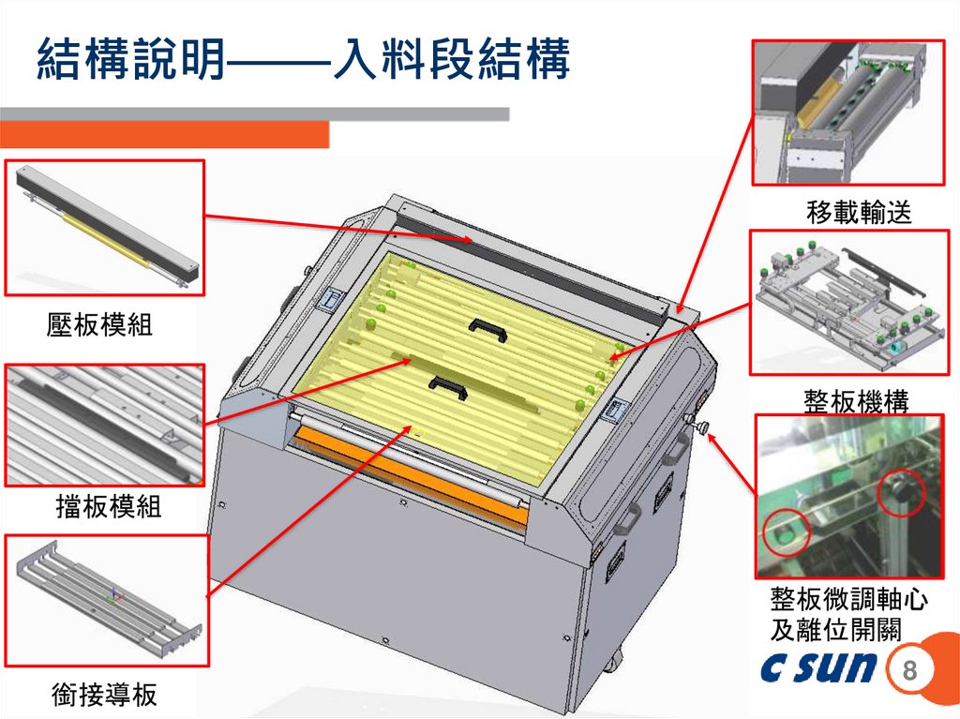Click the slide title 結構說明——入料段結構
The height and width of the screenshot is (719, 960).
click(x=304, y=58)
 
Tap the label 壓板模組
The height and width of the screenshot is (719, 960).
click(x=99, y=324)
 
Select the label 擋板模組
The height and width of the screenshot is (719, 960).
click(x=109, y=506)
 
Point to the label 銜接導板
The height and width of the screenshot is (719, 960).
click(x=104, y=695)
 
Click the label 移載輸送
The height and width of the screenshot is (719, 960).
click(x=859, y=212)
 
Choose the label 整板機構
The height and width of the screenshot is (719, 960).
click(x=856, y=401)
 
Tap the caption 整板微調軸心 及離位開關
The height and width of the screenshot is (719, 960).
click(x=848, y=614)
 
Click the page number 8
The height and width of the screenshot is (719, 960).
click(x=909, y=669)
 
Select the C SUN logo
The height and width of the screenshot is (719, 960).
click(x=819, y=667)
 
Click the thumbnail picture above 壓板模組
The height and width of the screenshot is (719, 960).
click(x=105, y=228)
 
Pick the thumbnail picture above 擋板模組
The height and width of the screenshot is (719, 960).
click(x=105, y=426)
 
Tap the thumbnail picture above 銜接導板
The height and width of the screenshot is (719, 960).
click(x=107, y=601)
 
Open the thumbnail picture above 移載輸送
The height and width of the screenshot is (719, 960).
click(x=848, y=112)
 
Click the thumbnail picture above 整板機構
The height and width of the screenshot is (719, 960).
click(x=849, y=303)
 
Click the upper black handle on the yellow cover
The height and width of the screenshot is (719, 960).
click(x=487, y=326)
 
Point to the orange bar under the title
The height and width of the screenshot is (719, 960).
click(x=165, y=135)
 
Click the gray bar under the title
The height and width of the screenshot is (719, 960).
click(x=255, y=114)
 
